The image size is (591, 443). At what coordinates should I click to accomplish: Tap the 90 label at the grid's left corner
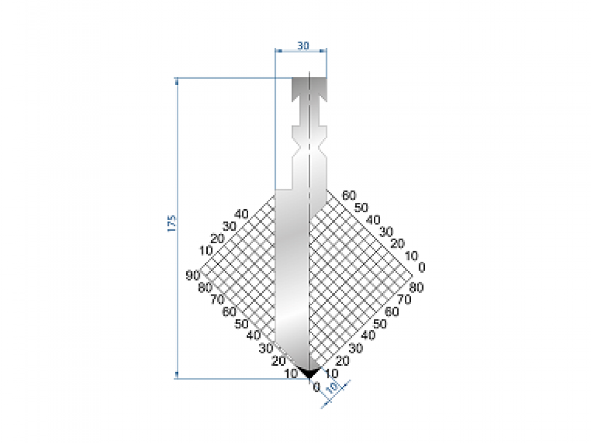[x=192, y=275]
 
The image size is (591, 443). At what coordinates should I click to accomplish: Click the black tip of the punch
[x=309, y=374]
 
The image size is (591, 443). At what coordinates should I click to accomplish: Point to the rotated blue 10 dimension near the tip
[x=334, y=387]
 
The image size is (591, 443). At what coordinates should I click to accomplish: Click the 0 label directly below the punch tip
[x=316, y=386]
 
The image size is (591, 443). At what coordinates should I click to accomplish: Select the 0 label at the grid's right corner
[x=421, y=267]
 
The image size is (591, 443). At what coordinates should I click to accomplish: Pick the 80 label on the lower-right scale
[x=416, y=288]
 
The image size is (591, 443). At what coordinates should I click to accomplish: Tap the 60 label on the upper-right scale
[x=349, y=195]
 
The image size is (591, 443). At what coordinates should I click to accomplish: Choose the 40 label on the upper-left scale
[x=241, y=214]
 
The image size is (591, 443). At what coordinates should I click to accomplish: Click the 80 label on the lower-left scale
[x=204, y=287]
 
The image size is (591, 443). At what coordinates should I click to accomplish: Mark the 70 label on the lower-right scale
[x=404, y=299]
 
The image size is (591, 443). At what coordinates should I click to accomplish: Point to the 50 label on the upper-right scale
[x=361, y=207]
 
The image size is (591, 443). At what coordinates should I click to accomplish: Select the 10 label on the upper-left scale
[x=205, y=250]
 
